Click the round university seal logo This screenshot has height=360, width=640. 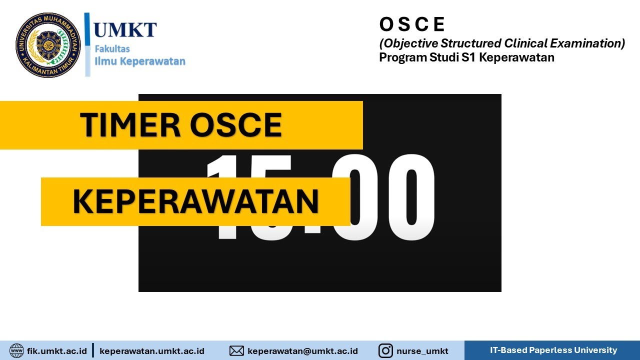(x=48, y=45)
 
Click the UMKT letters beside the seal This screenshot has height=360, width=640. (x=125, y=30)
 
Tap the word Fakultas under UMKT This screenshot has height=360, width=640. (x=112, y=49)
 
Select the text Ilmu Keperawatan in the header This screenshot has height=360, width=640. (x=140, y=61)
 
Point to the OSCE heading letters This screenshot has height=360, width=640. (x=412, y=24)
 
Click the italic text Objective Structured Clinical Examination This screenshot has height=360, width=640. (x=502, y=43)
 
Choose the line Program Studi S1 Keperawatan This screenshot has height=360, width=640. (x=466, y=57)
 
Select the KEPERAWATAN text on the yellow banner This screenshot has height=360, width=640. (x=195, y=201)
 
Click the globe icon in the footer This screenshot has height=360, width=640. (x=16, y=350)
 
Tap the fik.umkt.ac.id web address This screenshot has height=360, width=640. (x=57, y=351)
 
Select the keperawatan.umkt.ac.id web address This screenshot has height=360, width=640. (x=152, y=351)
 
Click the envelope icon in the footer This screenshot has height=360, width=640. (x=236, y=351)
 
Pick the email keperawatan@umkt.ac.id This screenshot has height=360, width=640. (x=302, y=351)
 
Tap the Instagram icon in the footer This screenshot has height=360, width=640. (x=385, y=351)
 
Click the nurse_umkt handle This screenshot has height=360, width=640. (x=422, y=351)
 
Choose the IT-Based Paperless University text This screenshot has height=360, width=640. (x=553, y=350)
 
